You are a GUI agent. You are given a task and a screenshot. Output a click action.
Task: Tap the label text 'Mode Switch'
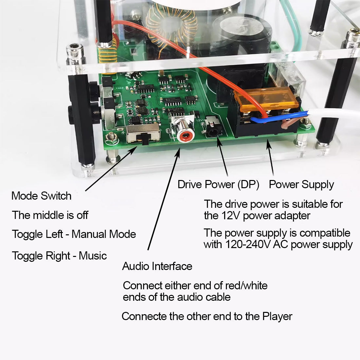pyautogui.click(x=41, y=196)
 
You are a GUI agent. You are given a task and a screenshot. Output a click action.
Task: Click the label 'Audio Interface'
pyautogui.click(x=157, y=266)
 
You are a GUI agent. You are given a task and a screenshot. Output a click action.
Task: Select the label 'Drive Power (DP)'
pyautogui.click(x=218, y=185)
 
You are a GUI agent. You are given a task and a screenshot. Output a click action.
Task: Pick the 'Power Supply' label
pyautogui.click(x=301, y=185)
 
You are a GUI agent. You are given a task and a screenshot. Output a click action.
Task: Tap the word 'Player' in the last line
pyautogui.click(x=277, y=316)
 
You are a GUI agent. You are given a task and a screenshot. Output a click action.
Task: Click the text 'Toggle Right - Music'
pyautogui.click(x=59, y=256)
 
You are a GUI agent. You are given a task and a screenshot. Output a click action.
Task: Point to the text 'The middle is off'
pyautogui.click(x=50, y=215)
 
